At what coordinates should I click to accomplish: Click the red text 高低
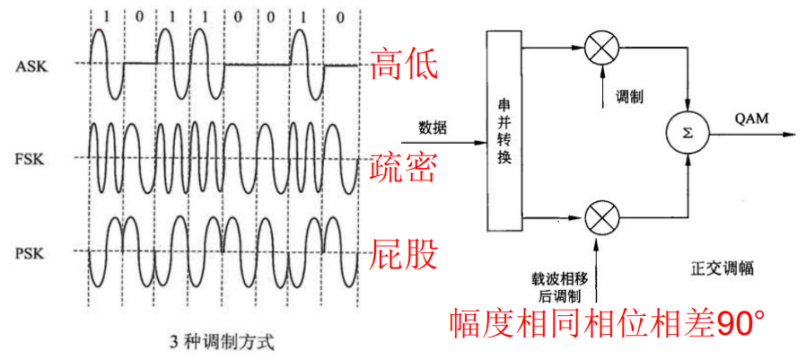coord(404,65)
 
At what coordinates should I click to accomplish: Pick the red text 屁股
coord(404,254)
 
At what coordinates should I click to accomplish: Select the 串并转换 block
coord(504,131)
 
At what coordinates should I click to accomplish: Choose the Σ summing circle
coord(687,134)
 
